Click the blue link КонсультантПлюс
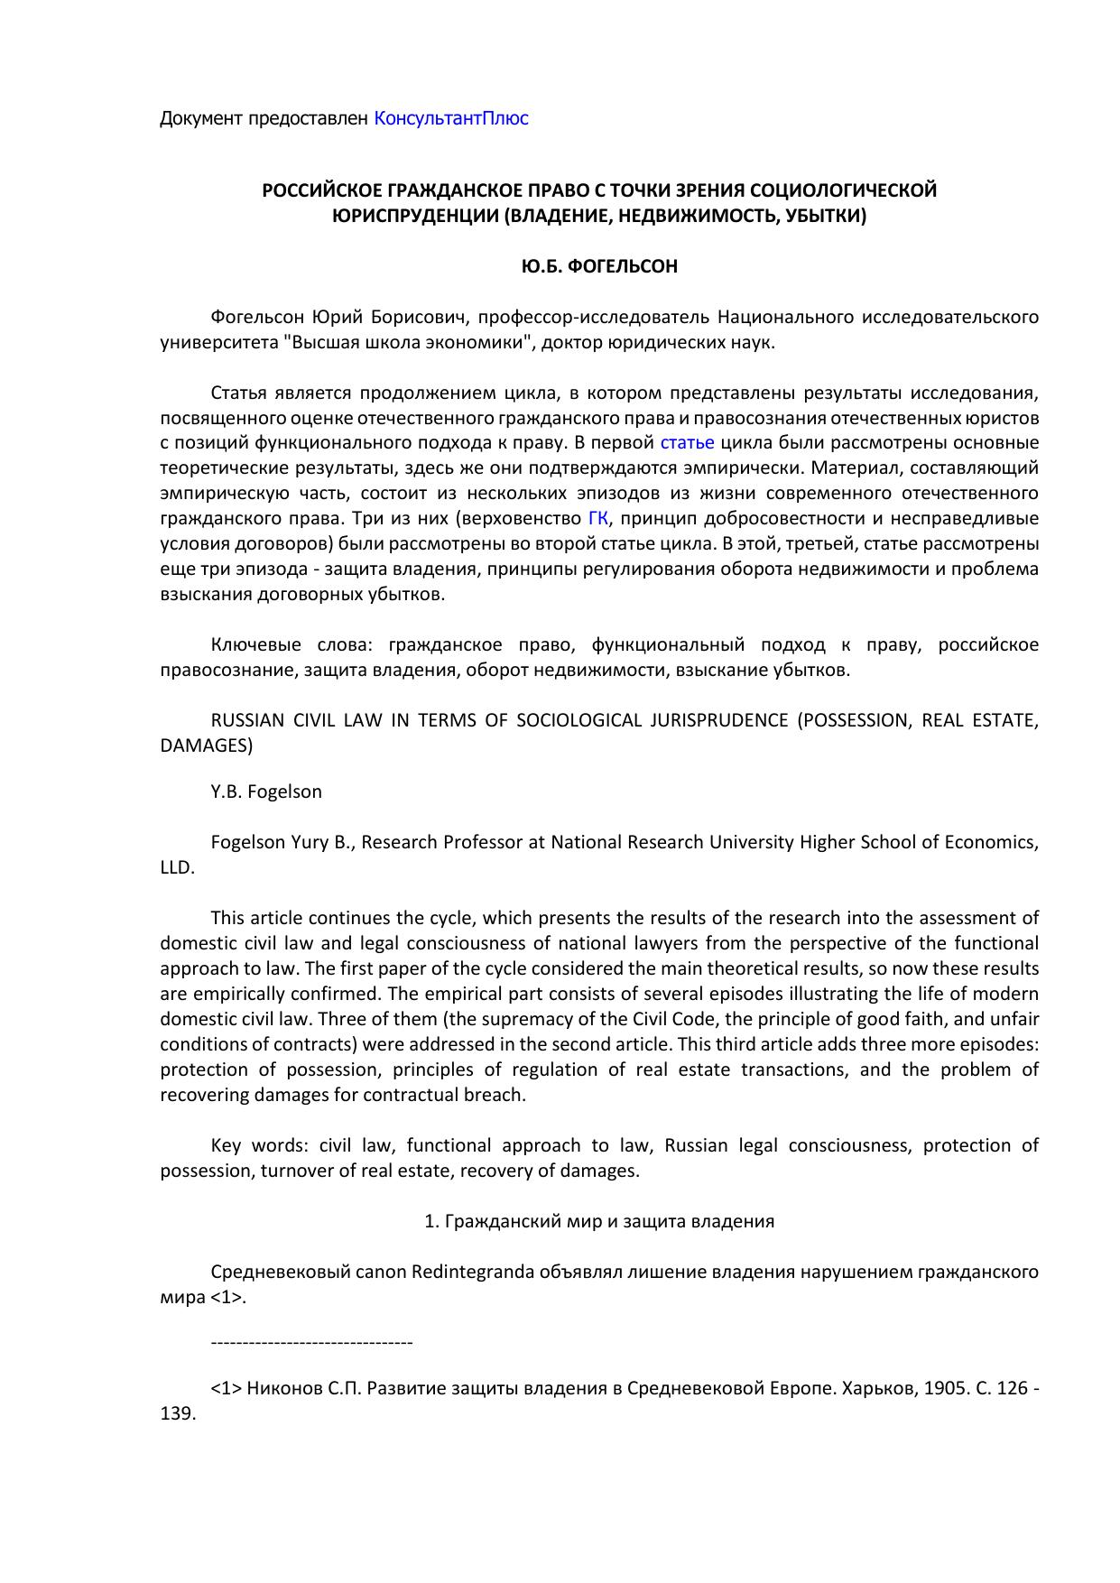pyautogui.click(x=450, y=118)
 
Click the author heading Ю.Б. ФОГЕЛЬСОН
pyautogui.click(x=599, y=267)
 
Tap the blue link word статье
pyautogui.click(x=687, y=443)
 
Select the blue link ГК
pyautogui.click(x=597, y=519)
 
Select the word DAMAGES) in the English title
pyautogui.click(x=206, y=746)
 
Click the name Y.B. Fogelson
pyautogui.click(x=266, y=791)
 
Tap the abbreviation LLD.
pyautogui.click(x=176, y=867)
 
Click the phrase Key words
pyautogui.click(x=260, y=1145)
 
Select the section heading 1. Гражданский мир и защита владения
pyautogui.click(x=599, y=1221)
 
